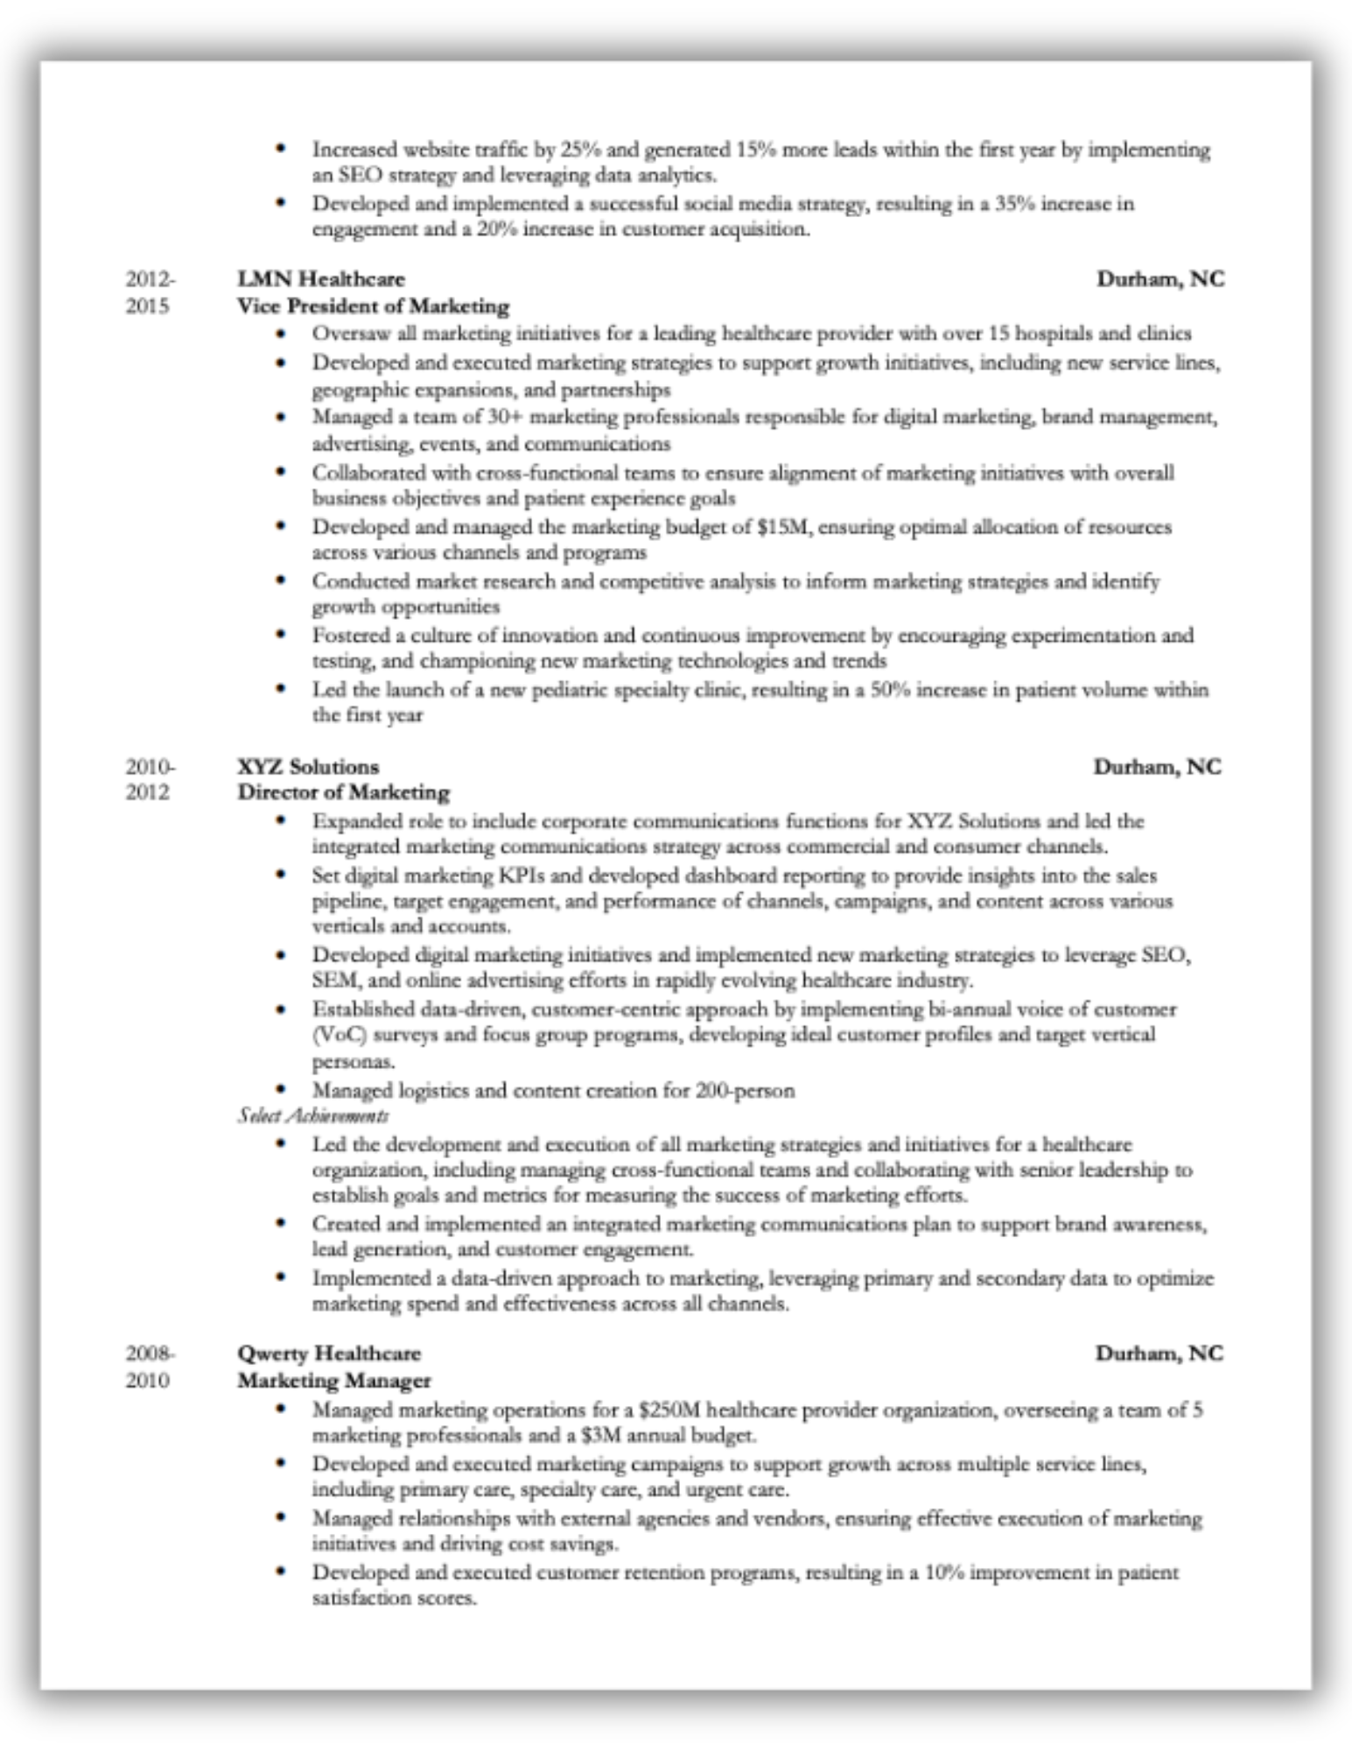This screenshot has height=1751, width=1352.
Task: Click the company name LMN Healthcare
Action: click(x=321, y=279)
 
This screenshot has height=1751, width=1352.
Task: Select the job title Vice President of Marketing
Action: click(x=374, y=306)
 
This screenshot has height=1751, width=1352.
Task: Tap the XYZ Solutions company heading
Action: click(x=308, y=767)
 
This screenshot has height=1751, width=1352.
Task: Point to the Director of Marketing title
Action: click(x=344, y=792)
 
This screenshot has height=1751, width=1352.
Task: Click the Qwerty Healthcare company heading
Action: click(x=329, y=1354)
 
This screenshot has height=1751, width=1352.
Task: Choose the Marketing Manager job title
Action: click(x=334, y=1381)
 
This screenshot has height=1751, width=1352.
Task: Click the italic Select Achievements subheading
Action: click(x=313, y=1115)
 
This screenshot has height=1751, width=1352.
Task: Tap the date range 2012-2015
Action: click(x=150, y=292)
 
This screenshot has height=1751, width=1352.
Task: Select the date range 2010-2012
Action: click(x=150, y=779)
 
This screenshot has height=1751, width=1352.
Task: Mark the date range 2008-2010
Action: click(x=150, y=1367)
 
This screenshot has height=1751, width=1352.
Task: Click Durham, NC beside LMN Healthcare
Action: click(x=1160, y=279)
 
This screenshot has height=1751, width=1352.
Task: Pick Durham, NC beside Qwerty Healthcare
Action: click(x=1159, y=1354)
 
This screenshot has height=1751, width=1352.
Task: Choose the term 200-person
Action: click(x=746, y=1091)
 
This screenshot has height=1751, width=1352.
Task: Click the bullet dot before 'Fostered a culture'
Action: click(x=280, y=634)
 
